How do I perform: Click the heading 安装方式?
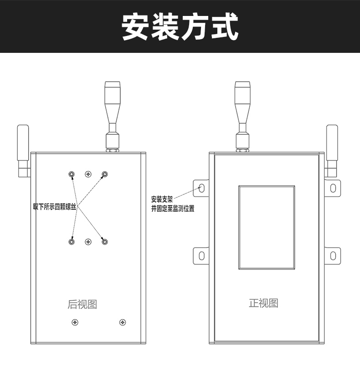(x=180, y=26)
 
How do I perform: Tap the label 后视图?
(x=82, y=305)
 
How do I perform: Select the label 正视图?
(x=263, y=303)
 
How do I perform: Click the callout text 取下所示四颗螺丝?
(x=55, y=207)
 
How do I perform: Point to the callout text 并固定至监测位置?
(x=173, y=208)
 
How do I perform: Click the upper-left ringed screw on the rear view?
(x=72, y=174)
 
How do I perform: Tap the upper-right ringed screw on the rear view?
(x=105, y=174)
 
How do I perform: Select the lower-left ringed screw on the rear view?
(x=72, y=242)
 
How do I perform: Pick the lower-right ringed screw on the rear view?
(x=105, y=242)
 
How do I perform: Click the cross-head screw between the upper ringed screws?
(x=88, y=174)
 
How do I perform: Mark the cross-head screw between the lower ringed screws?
(x=88, y=242)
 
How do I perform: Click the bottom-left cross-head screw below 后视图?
(x=75, y=322)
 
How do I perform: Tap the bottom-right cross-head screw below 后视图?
(x=123, y=322)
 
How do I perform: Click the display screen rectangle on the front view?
(x=267, y=227)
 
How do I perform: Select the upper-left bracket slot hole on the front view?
(x=201, y=188)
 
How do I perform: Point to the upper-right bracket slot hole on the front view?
(x=333, y=188)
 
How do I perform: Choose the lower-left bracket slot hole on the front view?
(x=201, y=256)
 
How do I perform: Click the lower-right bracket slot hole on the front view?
(x=333, y=256)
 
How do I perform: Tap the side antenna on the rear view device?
(x=23, y=151)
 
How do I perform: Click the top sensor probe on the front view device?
(x=242, y=116)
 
